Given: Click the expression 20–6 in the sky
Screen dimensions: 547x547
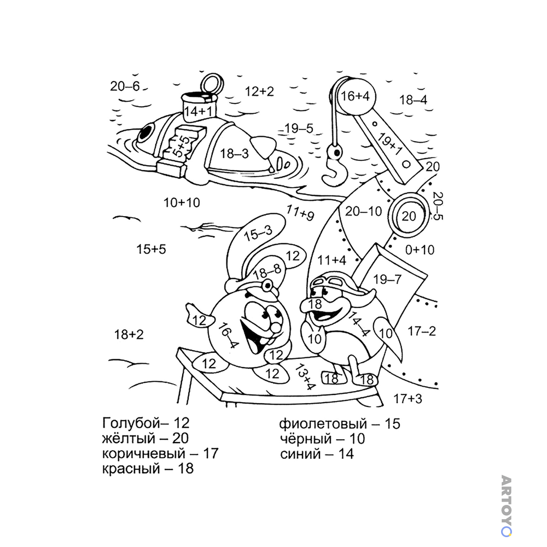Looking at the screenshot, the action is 125,86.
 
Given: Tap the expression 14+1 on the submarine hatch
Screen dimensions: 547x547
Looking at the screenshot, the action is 198,112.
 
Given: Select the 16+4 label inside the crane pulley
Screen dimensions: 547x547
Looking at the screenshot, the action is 355,96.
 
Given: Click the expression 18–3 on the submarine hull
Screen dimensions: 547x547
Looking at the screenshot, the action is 235,153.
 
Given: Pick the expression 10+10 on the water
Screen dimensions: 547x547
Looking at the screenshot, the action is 182,202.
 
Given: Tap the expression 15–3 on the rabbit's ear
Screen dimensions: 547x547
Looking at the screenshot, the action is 258,233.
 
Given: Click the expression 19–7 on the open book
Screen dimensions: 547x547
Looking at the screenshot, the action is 387,280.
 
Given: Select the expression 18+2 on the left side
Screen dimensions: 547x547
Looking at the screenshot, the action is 129,335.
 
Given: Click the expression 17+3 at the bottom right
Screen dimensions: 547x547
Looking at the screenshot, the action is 408,398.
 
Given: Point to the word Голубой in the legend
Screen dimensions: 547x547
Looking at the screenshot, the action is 130,423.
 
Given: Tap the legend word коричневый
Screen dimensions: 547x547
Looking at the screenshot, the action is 143,454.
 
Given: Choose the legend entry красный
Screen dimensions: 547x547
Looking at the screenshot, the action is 131,469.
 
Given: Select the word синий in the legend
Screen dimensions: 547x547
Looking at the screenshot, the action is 300,454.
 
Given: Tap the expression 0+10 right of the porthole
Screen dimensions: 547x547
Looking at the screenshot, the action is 420,250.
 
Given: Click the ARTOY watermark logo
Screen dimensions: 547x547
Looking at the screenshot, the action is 506,505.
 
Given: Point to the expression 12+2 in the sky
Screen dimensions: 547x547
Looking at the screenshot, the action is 259,91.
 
